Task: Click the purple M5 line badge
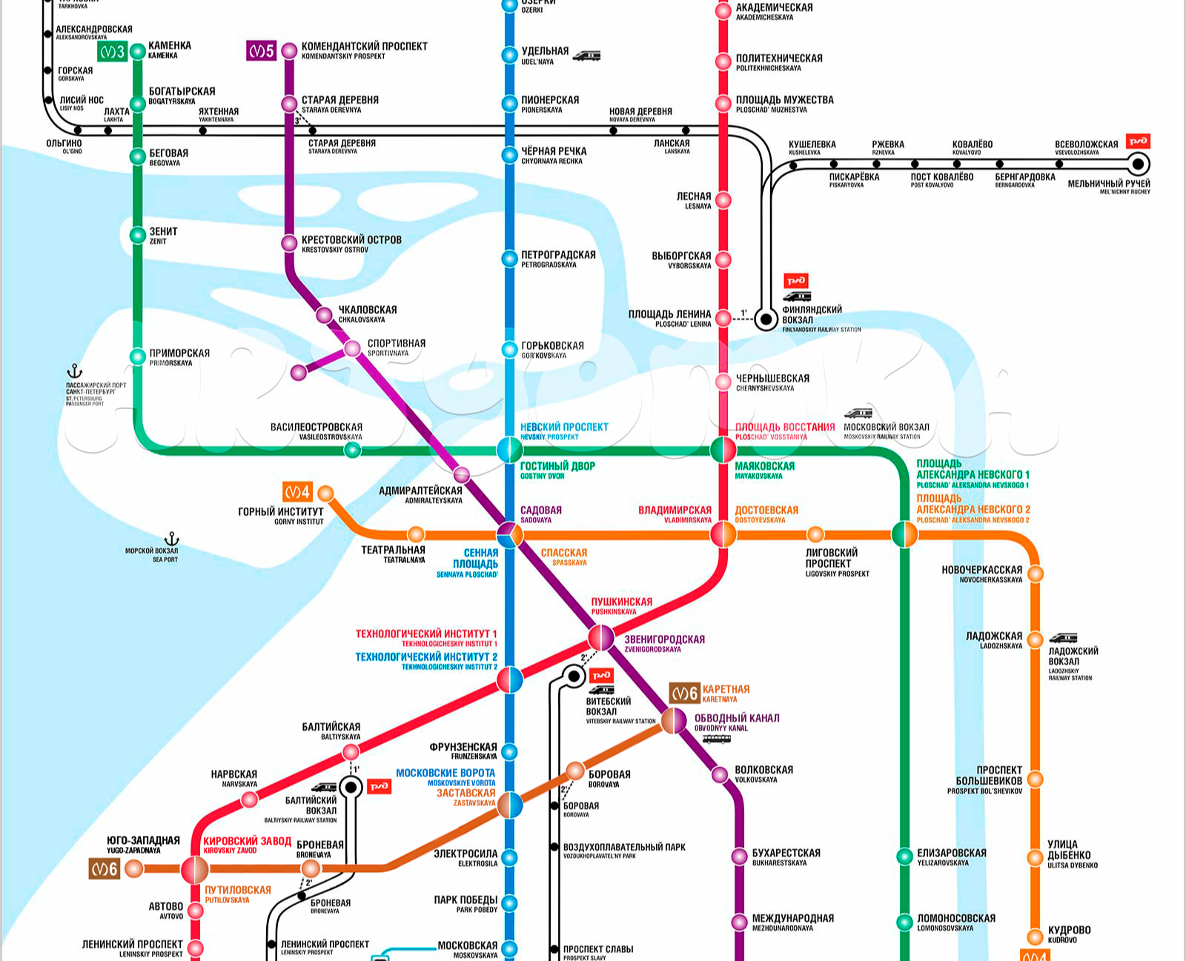coord(261,50)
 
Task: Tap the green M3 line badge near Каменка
coord(113,52)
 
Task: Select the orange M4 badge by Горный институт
coord(297,491)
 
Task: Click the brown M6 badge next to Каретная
coord(684,693)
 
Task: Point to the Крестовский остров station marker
coord(289,243)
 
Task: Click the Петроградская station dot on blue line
coord(509,259)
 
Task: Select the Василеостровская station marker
coord(353,450)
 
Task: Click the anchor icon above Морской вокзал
coord(172,539)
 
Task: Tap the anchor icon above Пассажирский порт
coord(74,371)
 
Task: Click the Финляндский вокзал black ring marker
coord(766,319)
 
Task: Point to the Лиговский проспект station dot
coord(815,534)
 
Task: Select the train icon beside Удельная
coord(586,55)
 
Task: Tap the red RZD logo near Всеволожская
coord(1137,141)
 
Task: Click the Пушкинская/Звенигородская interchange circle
coord(601,637)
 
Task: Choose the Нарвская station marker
coord(250,799)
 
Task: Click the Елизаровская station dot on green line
coord(904,857)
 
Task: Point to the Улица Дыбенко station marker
coord(1036,858)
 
